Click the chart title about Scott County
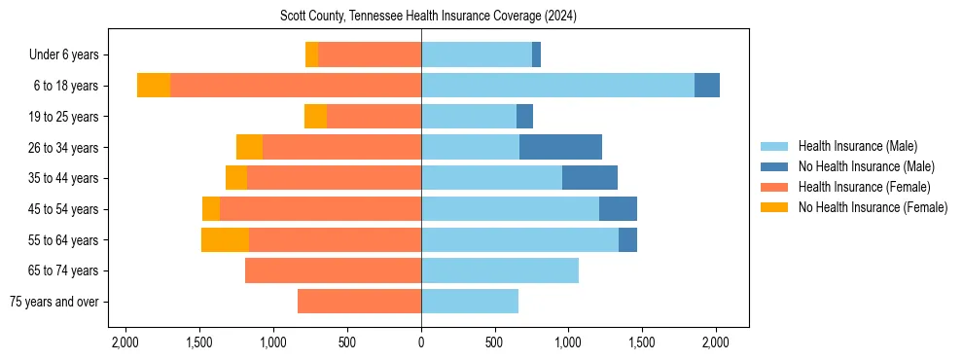point(428,17)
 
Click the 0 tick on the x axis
point(421,342)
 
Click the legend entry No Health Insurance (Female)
point(873,206)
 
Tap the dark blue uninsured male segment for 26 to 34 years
point(560,147)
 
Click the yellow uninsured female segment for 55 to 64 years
point(225,239)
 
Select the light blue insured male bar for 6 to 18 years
point(557,86)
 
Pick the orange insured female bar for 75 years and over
point(359,302)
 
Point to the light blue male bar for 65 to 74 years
point(500,270)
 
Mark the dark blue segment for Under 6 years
point(536,54)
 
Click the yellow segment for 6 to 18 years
point(154,86)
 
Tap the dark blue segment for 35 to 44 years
point(589,178)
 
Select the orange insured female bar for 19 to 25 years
point(374,117)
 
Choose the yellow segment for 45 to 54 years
point(211,209)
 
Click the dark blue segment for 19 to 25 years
point(524,117)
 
